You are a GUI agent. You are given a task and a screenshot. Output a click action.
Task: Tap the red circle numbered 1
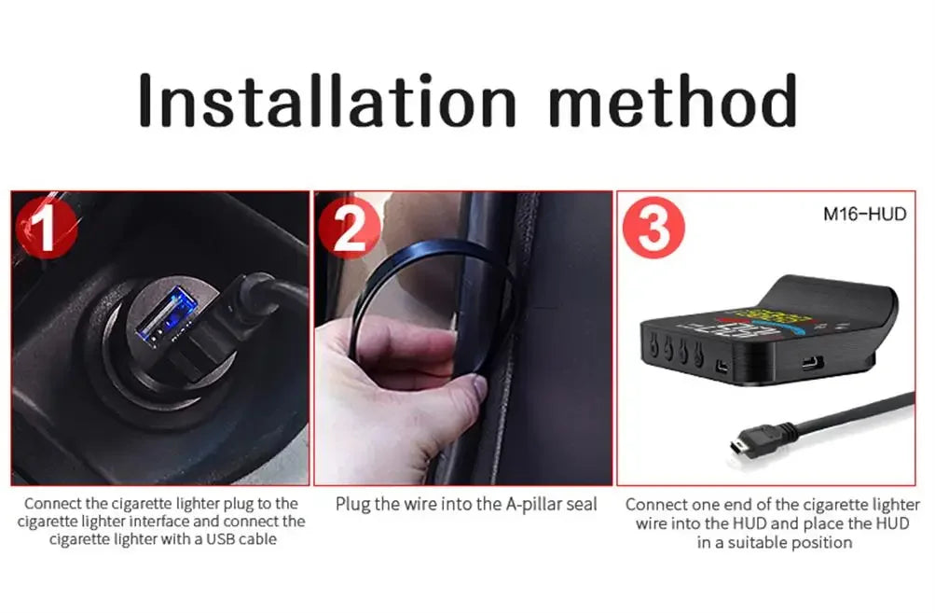[x=47, y=227]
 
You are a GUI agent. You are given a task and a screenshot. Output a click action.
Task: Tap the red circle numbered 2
[x=349, y=228]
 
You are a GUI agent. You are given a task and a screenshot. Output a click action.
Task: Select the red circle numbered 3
[x=653, y=228]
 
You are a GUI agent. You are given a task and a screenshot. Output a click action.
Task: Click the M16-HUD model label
[x=864, y=214]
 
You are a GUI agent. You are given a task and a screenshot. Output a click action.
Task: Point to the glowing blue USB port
[x=165, y=315]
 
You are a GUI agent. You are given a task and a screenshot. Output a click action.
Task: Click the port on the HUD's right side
[x=812, y=362]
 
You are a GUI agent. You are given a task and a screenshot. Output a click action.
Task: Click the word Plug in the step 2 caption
[x=353, y=505]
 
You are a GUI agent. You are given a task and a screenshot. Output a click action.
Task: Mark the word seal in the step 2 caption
[x=582, y=505]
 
